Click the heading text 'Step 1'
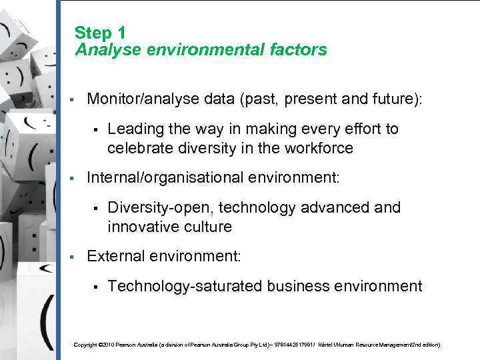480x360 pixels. point(100,32)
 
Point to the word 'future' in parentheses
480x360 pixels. point(394,99)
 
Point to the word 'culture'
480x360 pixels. point(207,227)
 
